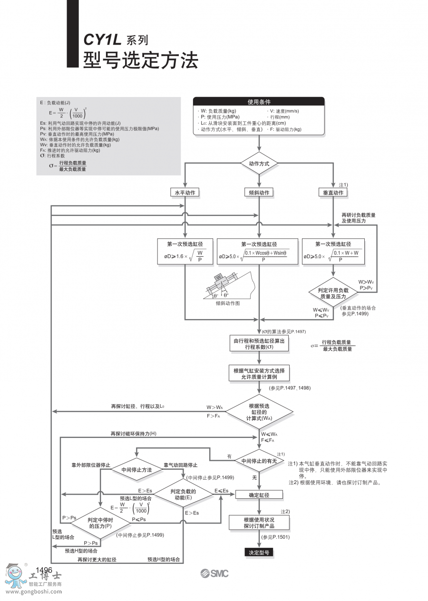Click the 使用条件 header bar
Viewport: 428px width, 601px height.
pyautogui.click(x=259, y=102)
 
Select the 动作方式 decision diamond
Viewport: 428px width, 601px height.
pyautogui.click(x=259, y=164)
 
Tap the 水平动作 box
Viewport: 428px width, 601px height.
pyautogui.click(x=185, y=193)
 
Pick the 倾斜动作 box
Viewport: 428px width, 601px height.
pyautogui.click(x=259, y=193)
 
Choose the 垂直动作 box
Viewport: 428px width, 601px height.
pyautogui.click(x=333, y=193)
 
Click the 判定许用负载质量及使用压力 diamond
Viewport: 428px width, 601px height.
pyautogui.click(x=333, y=293)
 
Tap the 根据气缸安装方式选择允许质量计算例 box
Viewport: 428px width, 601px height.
pyautogui.click(x=259, y=373)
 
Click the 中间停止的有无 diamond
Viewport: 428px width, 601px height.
pyautogui.click(x=259, y=461)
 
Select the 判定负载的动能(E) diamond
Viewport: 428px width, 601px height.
pyautogui.click(x=185, y=494)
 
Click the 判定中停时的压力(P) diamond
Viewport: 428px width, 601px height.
pyautogui.click(x=100, y=523)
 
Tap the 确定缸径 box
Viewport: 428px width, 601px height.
pyautogui.click(x=259, y=495)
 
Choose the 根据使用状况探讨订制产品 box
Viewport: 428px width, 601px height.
pyautogui.click(x=259, y=523)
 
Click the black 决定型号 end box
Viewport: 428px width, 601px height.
pyautogui.click(x=259, y=553)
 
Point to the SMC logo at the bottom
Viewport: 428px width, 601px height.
pyautogui.click(x=214, y=573)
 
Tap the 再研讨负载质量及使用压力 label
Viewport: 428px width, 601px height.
pyautogui.click(x=358, y=218)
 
